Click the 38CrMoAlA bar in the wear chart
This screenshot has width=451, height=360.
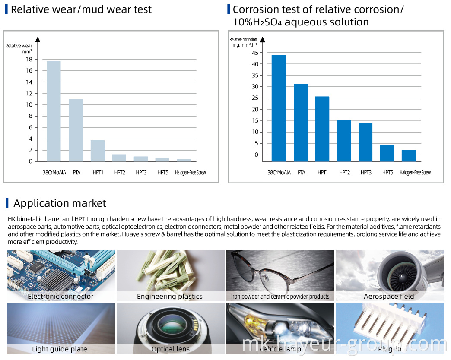point(54,111)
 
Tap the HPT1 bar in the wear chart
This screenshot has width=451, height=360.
point(98,151)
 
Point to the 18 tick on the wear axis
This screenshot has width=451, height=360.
point(29,59)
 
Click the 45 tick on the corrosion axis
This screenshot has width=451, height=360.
point(255,53)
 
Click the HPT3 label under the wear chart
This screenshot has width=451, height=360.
point(141,173)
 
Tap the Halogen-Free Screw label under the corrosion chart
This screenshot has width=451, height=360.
point(415,173)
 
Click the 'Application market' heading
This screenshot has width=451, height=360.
point(60,203)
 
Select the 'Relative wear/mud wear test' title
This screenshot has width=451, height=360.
point(81,9)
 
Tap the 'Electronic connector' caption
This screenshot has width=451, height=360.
point(60,297)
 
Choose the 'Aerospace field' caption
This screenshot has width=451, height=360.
point(389,297)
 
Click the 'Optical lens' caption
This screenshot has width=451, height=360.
point(170,349)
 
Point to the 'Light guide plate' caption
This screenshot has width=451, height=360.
point(60,349)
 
